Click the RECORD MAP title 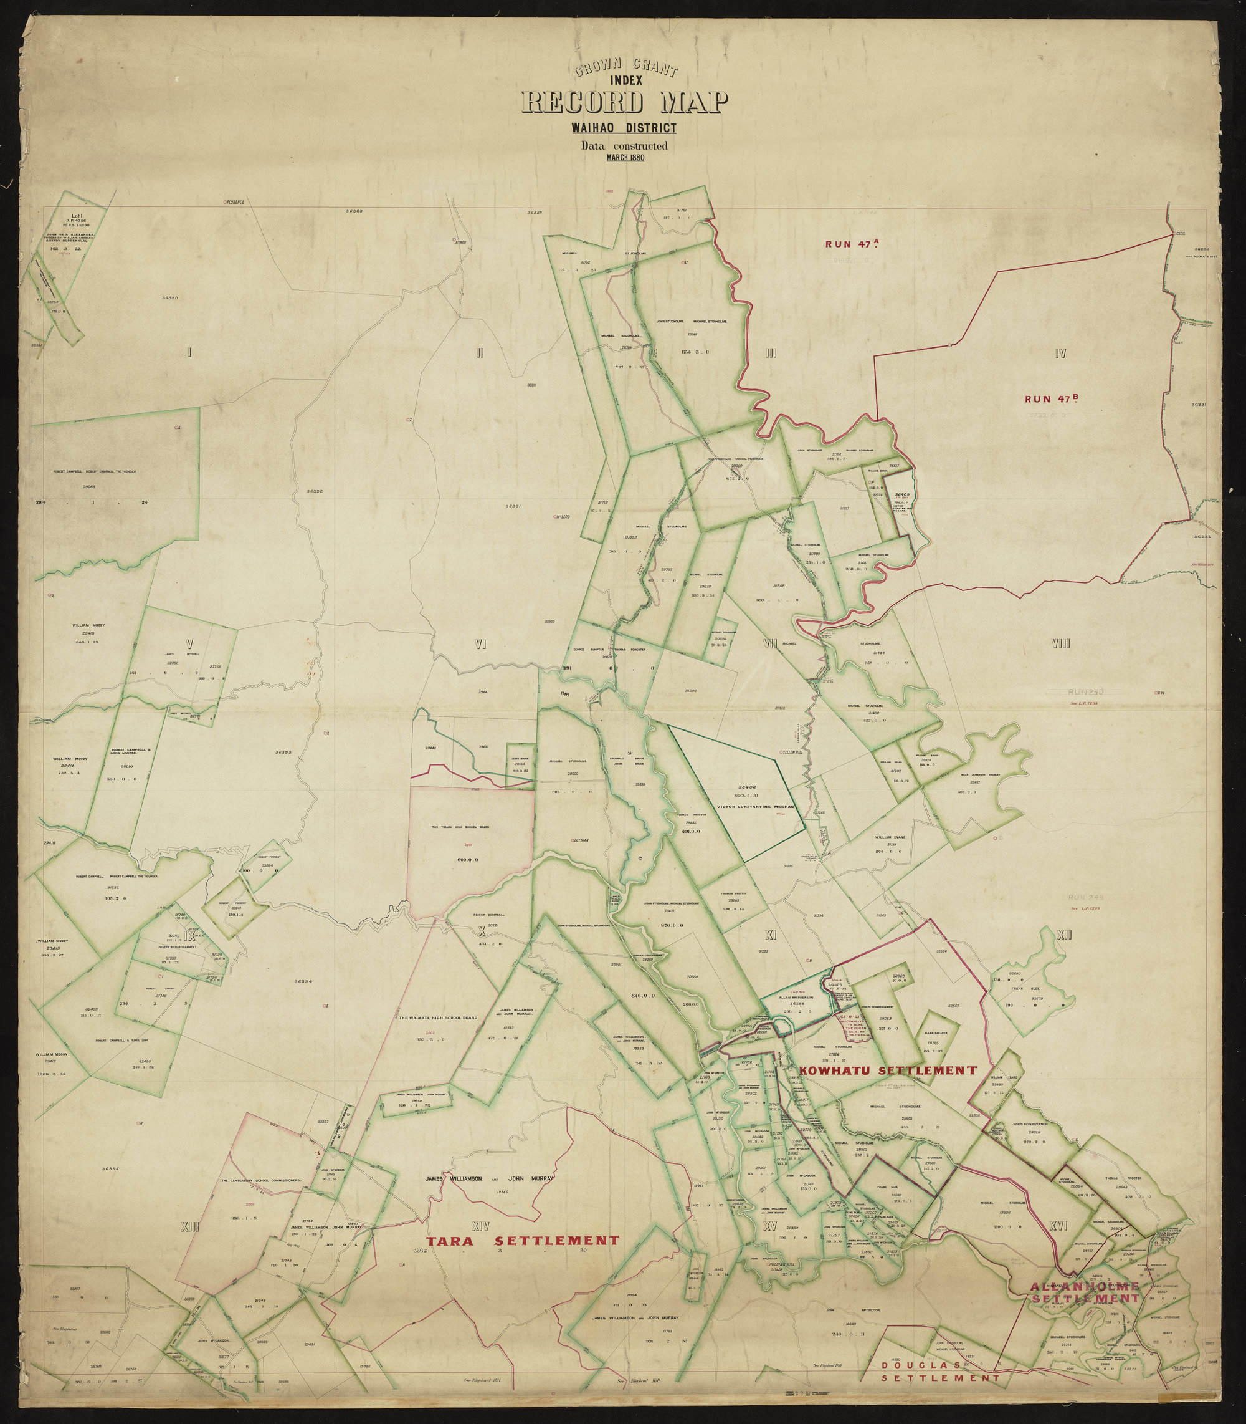tap(624, 103)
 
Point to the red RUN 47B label tap(1050, 399)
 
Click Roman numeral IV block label tap(1060, 354)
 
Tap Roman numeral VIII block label tap(1060, 644)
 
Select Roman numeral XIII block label tap(189, 1227)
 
